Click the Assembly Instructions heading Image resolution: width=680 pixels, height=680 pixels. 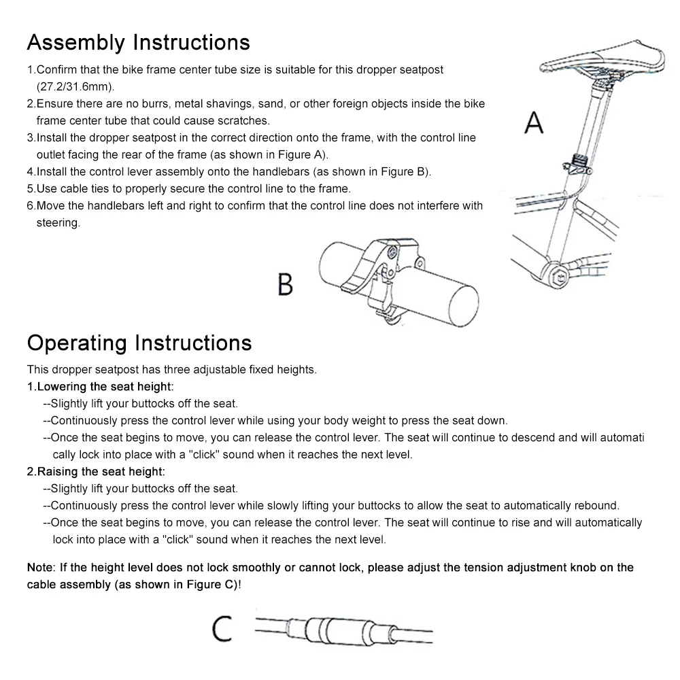tap(138, 43)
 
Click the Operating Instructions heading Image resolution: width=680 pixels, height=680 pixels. tap(139, 342)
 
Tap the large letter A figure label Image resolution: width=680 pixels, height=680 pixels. tap(535, 123)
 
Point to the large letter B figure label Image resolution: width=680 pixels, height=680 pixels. tap(286, 284)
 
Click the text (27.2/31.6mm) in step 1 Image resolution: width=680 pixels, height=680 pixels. tap(75, 87)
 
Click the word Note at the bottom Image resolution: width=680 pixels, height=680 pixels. tap(40, 567)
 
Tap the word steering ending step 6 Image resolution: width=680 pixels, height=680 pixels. tap(58, 222)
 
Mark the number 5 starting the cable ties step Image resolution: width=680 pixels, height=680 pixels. tap(30, 188)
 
